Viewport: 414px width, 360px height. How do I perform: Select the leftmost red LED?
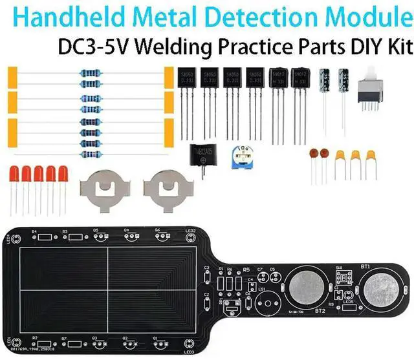coord(15,175)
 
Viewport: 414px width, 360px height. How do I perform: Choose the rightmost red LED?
coord(63,175)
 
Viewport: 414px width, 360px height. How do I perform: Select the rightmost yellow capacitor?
coord(371,158)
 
